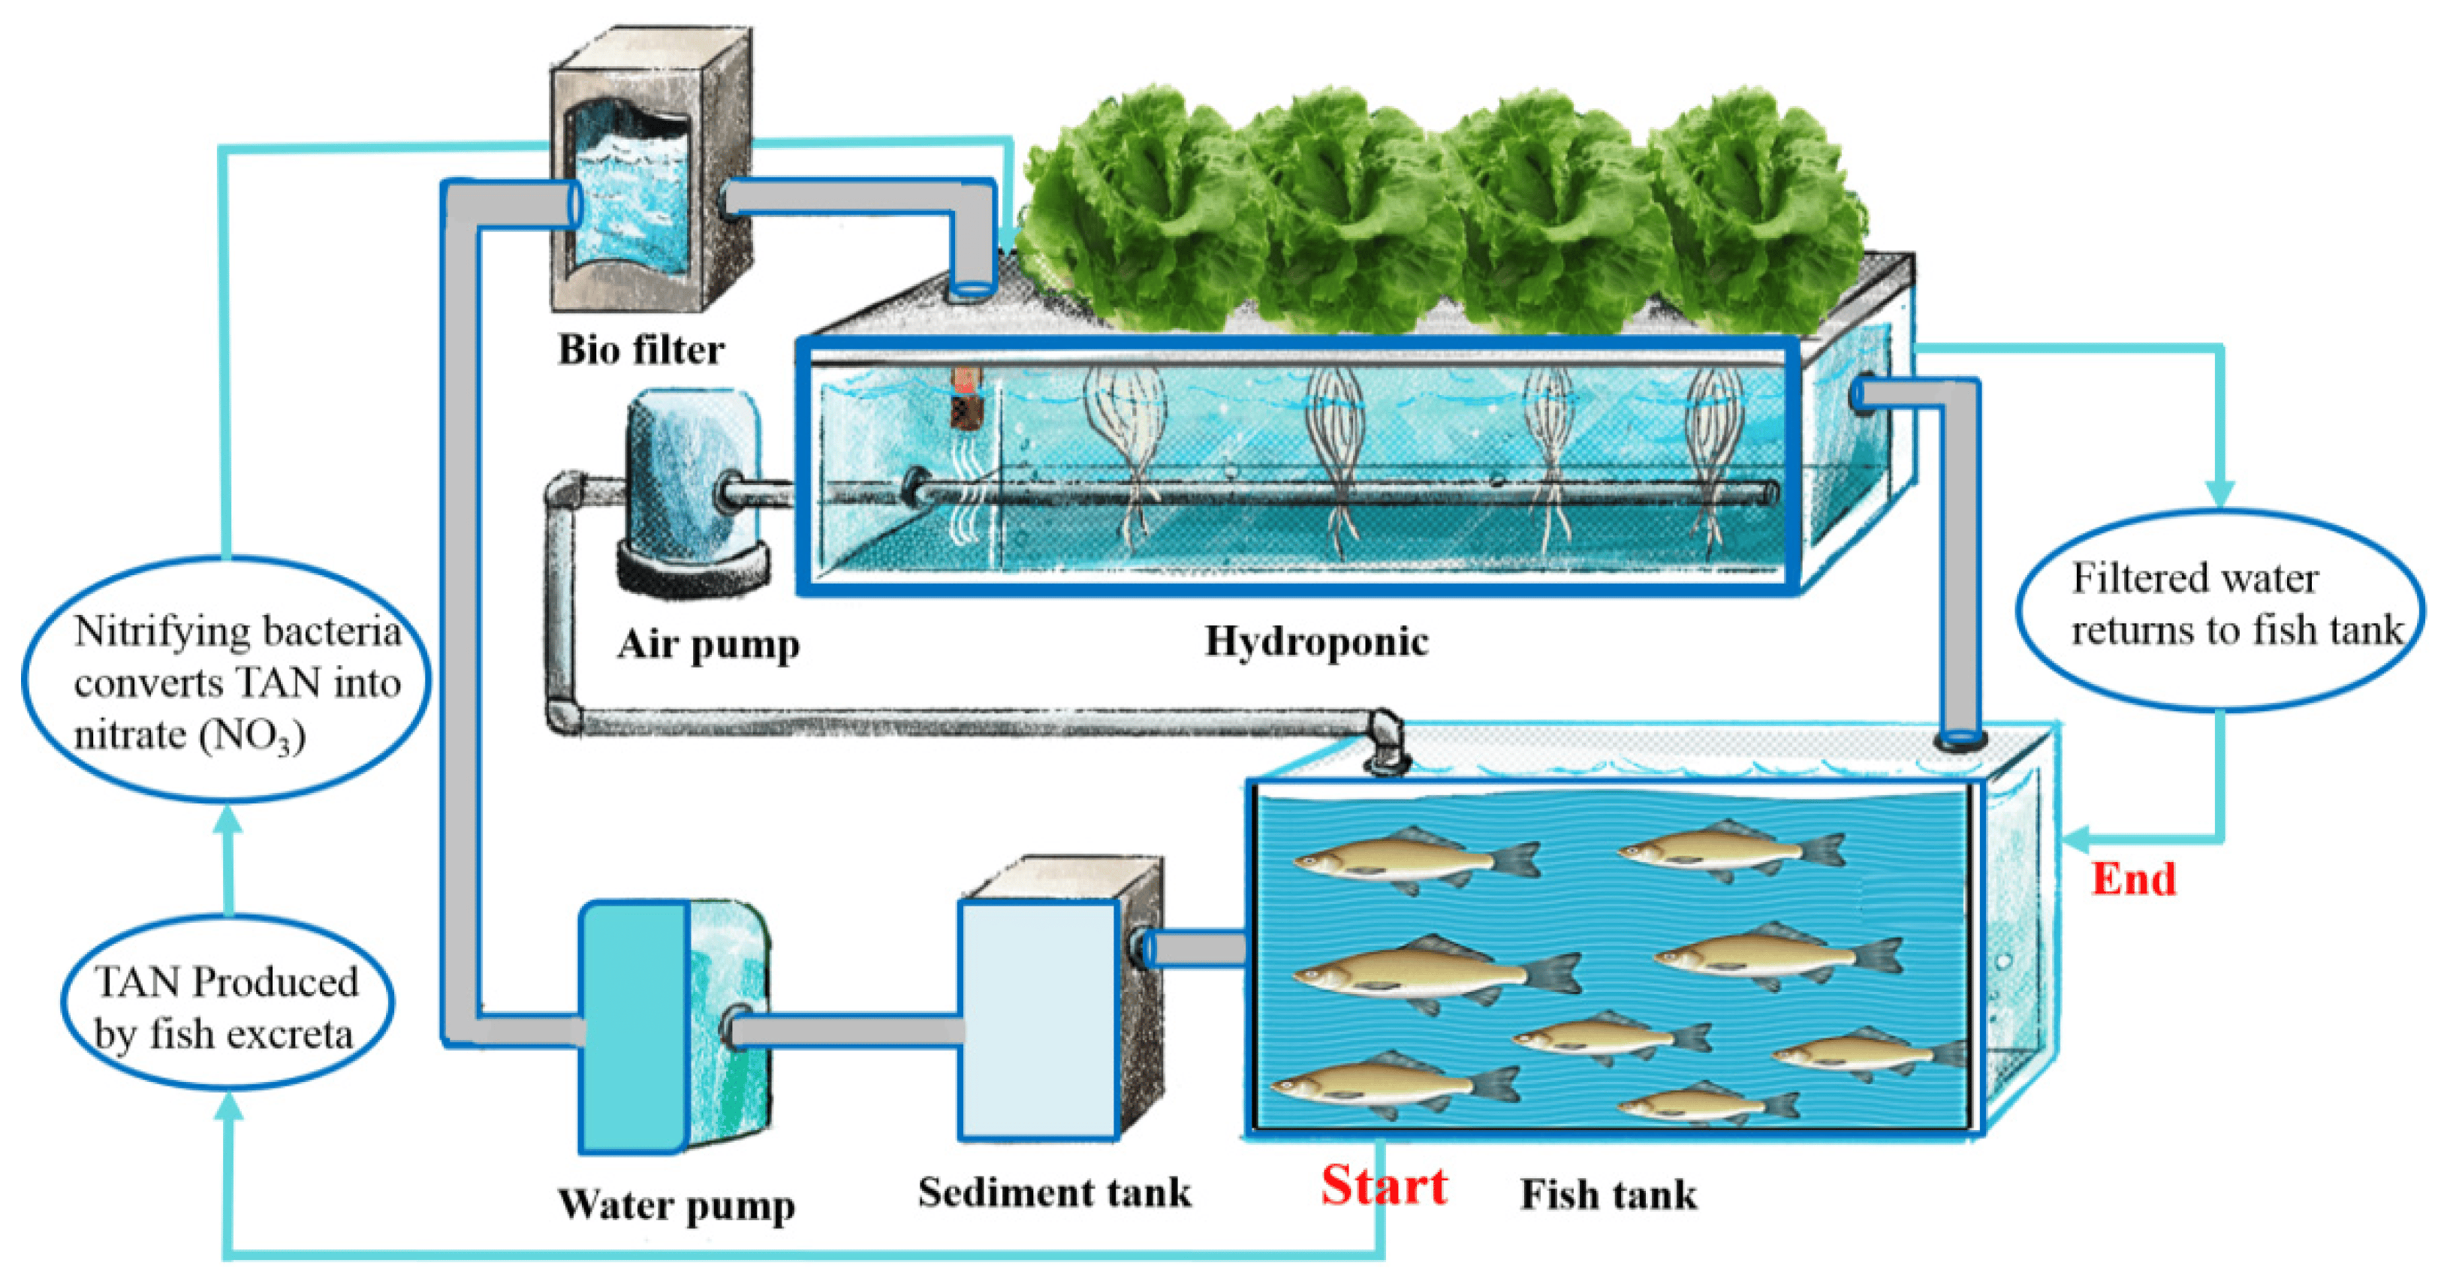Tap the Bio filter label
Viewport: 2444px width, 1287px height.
[640, 350]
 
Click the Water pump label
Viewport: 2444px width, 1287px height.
[676, 1205]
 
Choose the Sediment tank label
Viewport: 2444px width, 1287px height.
[1054, 1192]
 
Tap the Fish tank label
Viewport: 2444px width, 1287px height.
[1608, 1194]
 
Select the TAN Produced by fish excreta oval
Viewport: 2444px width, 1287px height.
[227, 1004]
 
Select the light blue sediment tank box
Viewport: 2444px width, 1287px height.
[1039, 1020]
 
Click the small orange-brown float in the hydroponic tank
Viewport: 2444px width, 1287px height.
[966, 396]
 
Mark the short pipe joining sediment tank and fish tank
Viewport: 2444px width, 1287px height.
[1198, 948]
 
